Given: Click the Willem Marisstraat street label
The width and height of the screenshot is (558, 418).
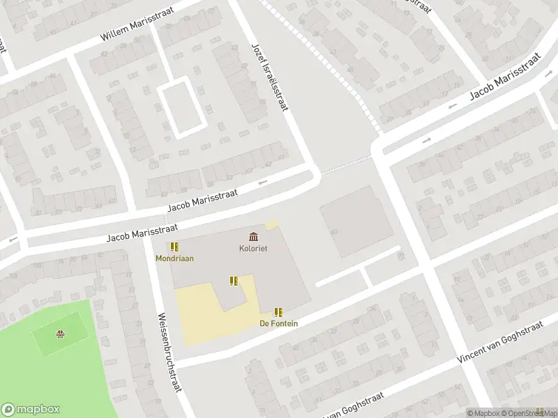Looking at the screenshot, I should point(133,25).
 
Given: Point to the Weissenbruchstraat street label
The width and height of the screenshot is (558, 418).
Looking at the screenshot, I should point(169,352).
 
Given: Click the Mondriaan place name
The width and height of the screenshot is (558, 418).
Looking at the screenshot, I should point(174,258).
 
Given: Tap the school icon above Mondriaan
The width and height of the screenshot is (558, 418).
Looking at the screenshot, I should point(174,247).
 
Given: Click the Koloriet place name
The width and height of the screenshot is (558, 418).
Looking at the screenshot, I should point(253,248).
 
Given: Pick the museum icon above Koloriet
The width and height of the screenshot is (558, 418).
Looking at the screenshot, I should point(252,237).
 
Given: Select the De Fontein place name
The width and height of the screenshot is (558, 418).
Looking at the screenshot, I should point(278,323).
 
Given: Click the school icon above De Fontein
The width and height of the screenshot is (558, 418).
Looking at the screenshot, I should point(278,312).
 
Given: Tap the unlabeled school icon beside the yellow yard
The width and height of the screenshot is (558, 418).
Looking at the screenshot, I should point(234,281).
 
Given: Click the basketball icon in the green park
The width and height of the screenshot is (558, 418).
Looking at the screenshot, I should point(61,334).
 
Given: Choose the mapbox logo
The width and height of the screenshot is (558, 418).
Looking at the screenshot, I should point(31,410).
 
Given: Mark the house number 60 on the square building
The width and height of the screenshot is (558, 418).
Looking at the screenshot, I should point(333,232).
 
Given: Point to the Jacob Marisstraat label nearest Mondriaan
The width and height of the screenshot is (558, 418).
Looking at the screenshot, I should point(142,233).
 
